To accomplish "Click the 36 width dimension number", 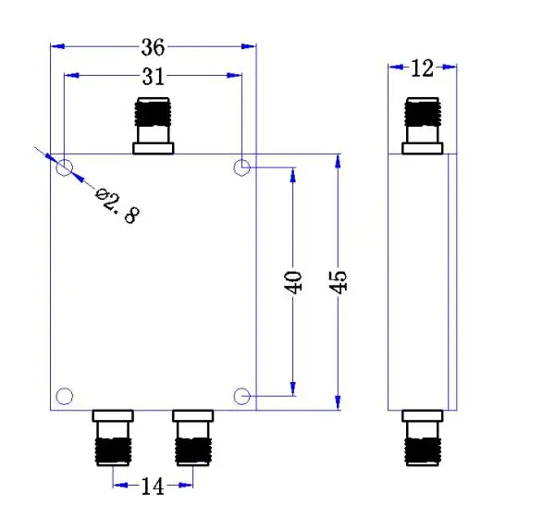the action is tap(153, 47).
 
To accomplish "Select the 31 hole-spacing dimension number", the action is tap(154, 77).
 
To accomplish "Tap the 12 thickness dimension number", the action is tap(423, 68).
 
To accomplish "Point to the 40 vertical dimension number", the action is tap(293, 282).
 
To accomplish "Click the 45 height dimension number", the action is tap(338, 282).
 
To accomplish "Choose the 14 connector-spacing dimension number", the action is tap(153, 487).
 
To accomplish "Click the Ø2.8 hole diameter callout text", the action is tap(117, 205).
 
